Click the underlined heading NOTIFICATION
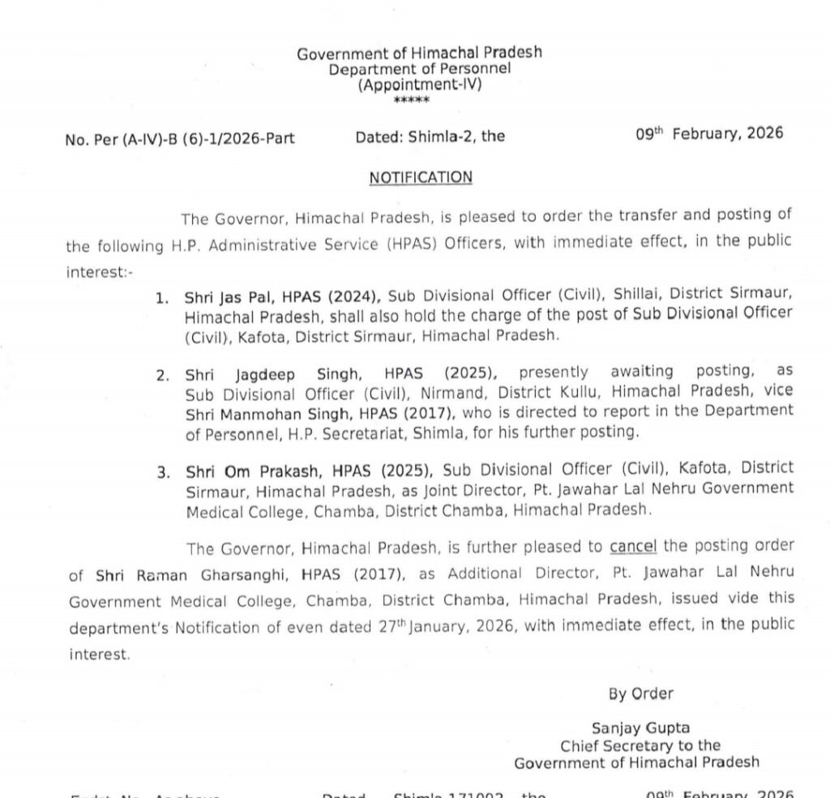[421, 177]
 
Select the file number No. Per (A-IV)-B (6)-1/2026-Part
[179, 139]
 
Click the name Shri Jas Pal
[215, 299]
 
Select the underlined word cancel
[633, 547]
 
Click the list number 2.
[163, 375]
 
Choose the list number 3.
[163, 472]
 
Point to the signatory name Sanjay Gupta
[640, 728]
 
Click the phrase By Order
[640, 693]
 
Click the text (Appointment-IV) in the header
[419, 84]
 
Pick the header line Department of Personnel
[419, 69]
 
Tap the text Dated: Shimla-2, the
[430, 137]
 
